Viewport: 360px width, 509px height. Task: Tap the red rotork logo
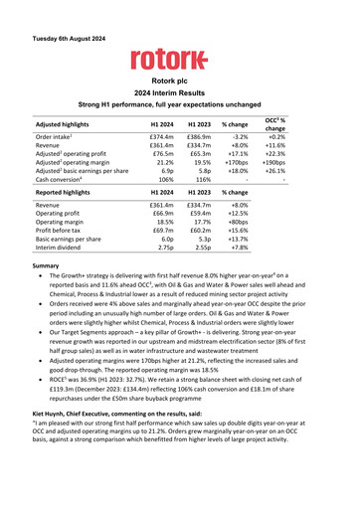[179, 60]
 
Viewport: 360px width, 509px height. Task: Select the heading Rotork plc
[179, 80]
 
